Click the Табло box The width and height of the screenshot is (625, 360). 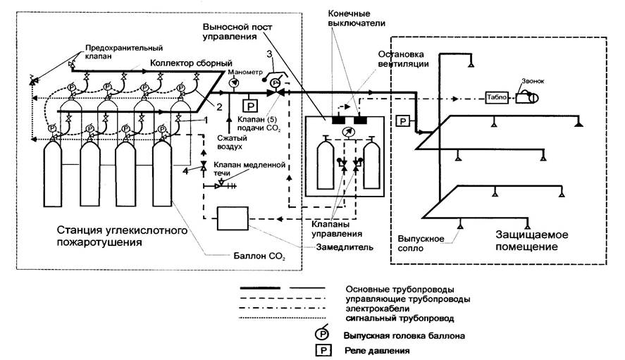click(x=495, y=97)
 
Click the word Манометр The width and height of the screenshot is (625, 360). click(x=245, y=72)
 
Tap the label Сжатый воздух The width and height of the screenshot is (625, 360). click(x=225, y=144)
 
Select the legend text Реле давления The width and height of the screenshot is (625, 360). click(x=376, y=349)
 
